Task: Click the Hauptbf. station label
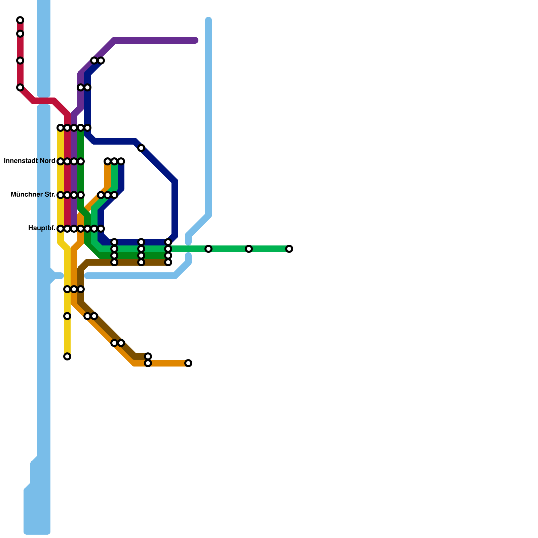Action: tap(42, 228)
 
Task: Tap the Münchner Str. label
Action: tap(33, 195)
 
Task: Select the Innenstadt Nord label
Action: tap(30, 161)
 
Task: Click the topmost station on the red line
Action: tap(20, 20)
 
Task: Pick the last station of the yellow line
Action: tap(67, 356)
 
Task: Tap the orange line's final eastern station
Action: tap(188, 363)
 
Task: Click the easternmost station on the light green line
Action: tap(289, 249)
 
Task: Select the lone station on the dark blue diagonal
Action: tap(141, 148)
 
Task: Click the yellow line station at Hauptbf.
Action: tap(61, 229)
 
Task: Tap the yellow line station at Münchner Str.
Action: tap(61, 195)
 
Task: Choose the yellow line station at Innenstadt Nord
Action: tap(61, 161)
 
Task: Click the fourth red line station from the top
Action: tap(20, 87)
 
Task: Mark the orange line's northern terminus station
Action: tap(108, 161)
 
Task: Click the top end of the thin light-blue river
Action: tap(208, 20)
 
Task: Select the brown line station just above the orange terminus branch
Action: tap(148, 356)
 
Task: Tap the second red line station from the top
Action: tap(20, 34)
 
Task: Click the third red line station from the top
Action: tap(20, 61)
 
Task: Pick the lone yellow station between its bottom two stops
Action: tap(67, 316)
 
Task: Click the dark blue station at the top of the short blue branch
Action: tap(121, 161)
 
